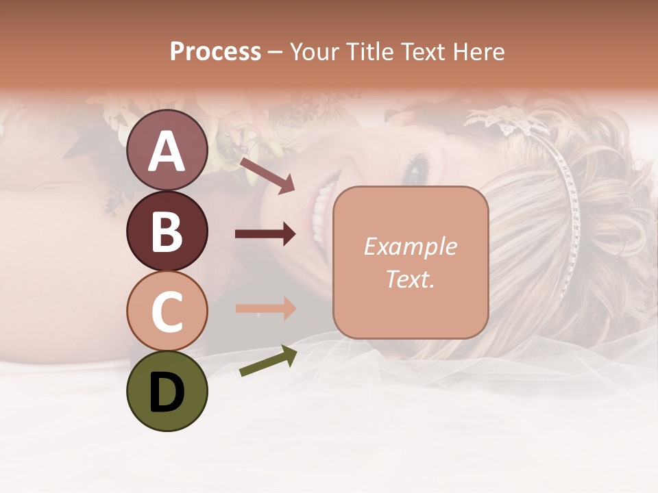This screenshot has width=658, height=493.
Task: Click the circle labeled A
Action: [x=167, y=151]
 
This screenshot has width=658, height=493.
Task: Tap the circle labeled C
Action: [x=167, y=311]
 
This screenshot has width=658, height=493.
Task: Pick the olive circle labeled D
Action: [x=167, y=391]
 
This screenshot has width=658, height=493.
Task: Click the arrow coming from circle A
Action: [x=267, y=175]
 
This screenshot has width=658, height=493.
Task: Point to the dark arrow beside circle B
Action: [x=265, y=234]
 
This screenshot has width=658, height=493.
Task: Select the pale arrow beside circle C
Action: [x=265, y=308]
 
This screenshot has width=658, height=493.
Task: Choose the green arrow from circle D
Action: [x=267, y=362]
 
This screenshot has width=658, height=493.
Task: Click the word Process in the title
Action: [x=215, y=52]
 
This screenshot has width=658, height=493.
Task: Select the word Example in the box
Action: [x=410, y=246]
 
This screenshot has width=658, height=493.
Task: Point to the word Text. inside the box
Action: [x=410, y=279]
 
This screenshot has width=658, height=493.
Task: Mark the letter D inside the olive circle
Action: [x=167, y=392]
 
